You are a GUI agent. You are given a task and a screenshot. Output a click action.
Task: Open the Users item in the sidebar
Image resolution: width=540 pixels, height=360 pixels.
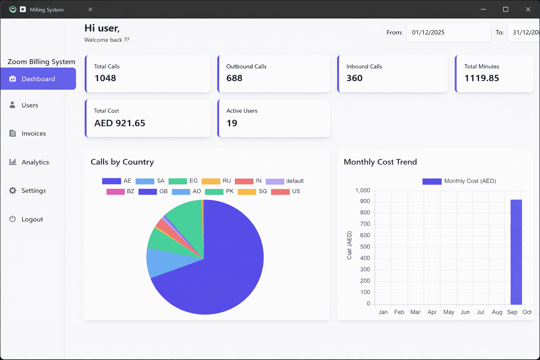point(30,105)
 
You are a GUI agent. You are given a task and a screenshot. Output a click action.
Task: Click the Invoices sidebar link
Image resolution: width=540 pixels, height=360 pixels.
point(33,134)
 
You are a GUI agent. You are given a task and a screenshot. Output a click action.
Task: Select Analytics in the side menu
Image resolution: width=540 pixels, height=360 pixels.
point(35,162)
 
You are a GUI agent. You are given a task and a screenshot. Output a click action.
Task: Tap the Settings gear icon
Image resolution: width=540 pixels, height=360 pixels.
point(13,191)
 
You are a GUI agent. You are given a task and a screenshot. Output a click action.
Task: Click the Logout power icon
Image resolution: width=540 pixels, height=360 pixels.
point(13,219)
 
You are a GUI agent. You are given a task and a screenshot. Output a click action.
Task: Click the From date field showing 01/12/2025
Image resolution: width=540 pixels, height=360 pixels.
point(448,32)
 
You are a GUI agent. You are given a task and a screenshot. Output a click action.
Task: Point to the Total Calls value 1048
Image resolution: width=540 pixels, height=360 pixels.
point(105,78)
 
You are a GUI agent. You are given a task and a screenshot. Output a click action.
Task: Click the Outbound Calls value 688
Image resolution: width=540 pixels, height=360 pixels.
point(234,78)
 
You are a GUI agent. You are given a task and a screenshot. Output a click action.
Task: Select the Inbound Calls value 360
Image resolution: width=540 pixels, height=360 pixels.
point(354,78)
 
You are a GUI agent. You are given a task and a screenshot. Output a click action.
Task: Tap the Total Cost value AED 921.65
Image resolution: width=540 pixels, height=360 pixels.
point(120,123)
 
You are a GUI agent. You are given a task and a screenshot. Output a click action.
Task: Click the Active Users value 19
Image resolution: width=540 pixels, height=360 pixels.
point(232,123)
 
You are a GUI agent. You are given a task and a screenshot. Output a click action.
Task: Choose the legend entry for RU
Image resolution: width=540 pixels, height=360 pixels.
point(216,181)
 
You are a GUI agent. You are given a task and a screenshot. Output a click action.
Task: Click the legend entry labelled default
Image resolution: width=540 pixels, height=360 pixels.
point(285,181)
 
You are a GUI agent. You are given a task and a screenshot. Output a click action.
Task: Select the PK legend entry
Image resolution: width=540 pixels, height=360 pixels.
point(219,192)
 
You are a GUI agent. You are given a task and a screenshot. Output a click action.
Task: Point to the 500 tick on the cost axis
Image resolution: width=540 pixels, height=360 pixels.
point(365,247)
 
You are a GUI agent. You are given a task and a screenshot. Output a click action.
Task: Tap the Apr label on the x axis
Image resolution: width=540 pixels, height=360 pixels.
point(432,312)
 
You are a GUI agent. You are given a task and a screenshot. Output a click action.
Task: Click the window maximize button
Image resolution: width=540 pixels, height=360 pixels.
point(506,9)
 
